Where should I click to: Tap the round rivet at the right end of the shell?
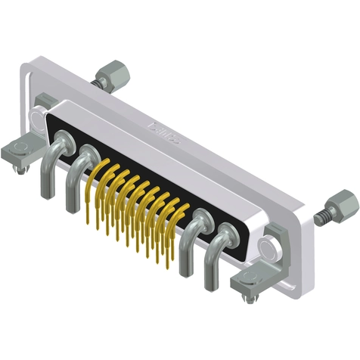point(265,247)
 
